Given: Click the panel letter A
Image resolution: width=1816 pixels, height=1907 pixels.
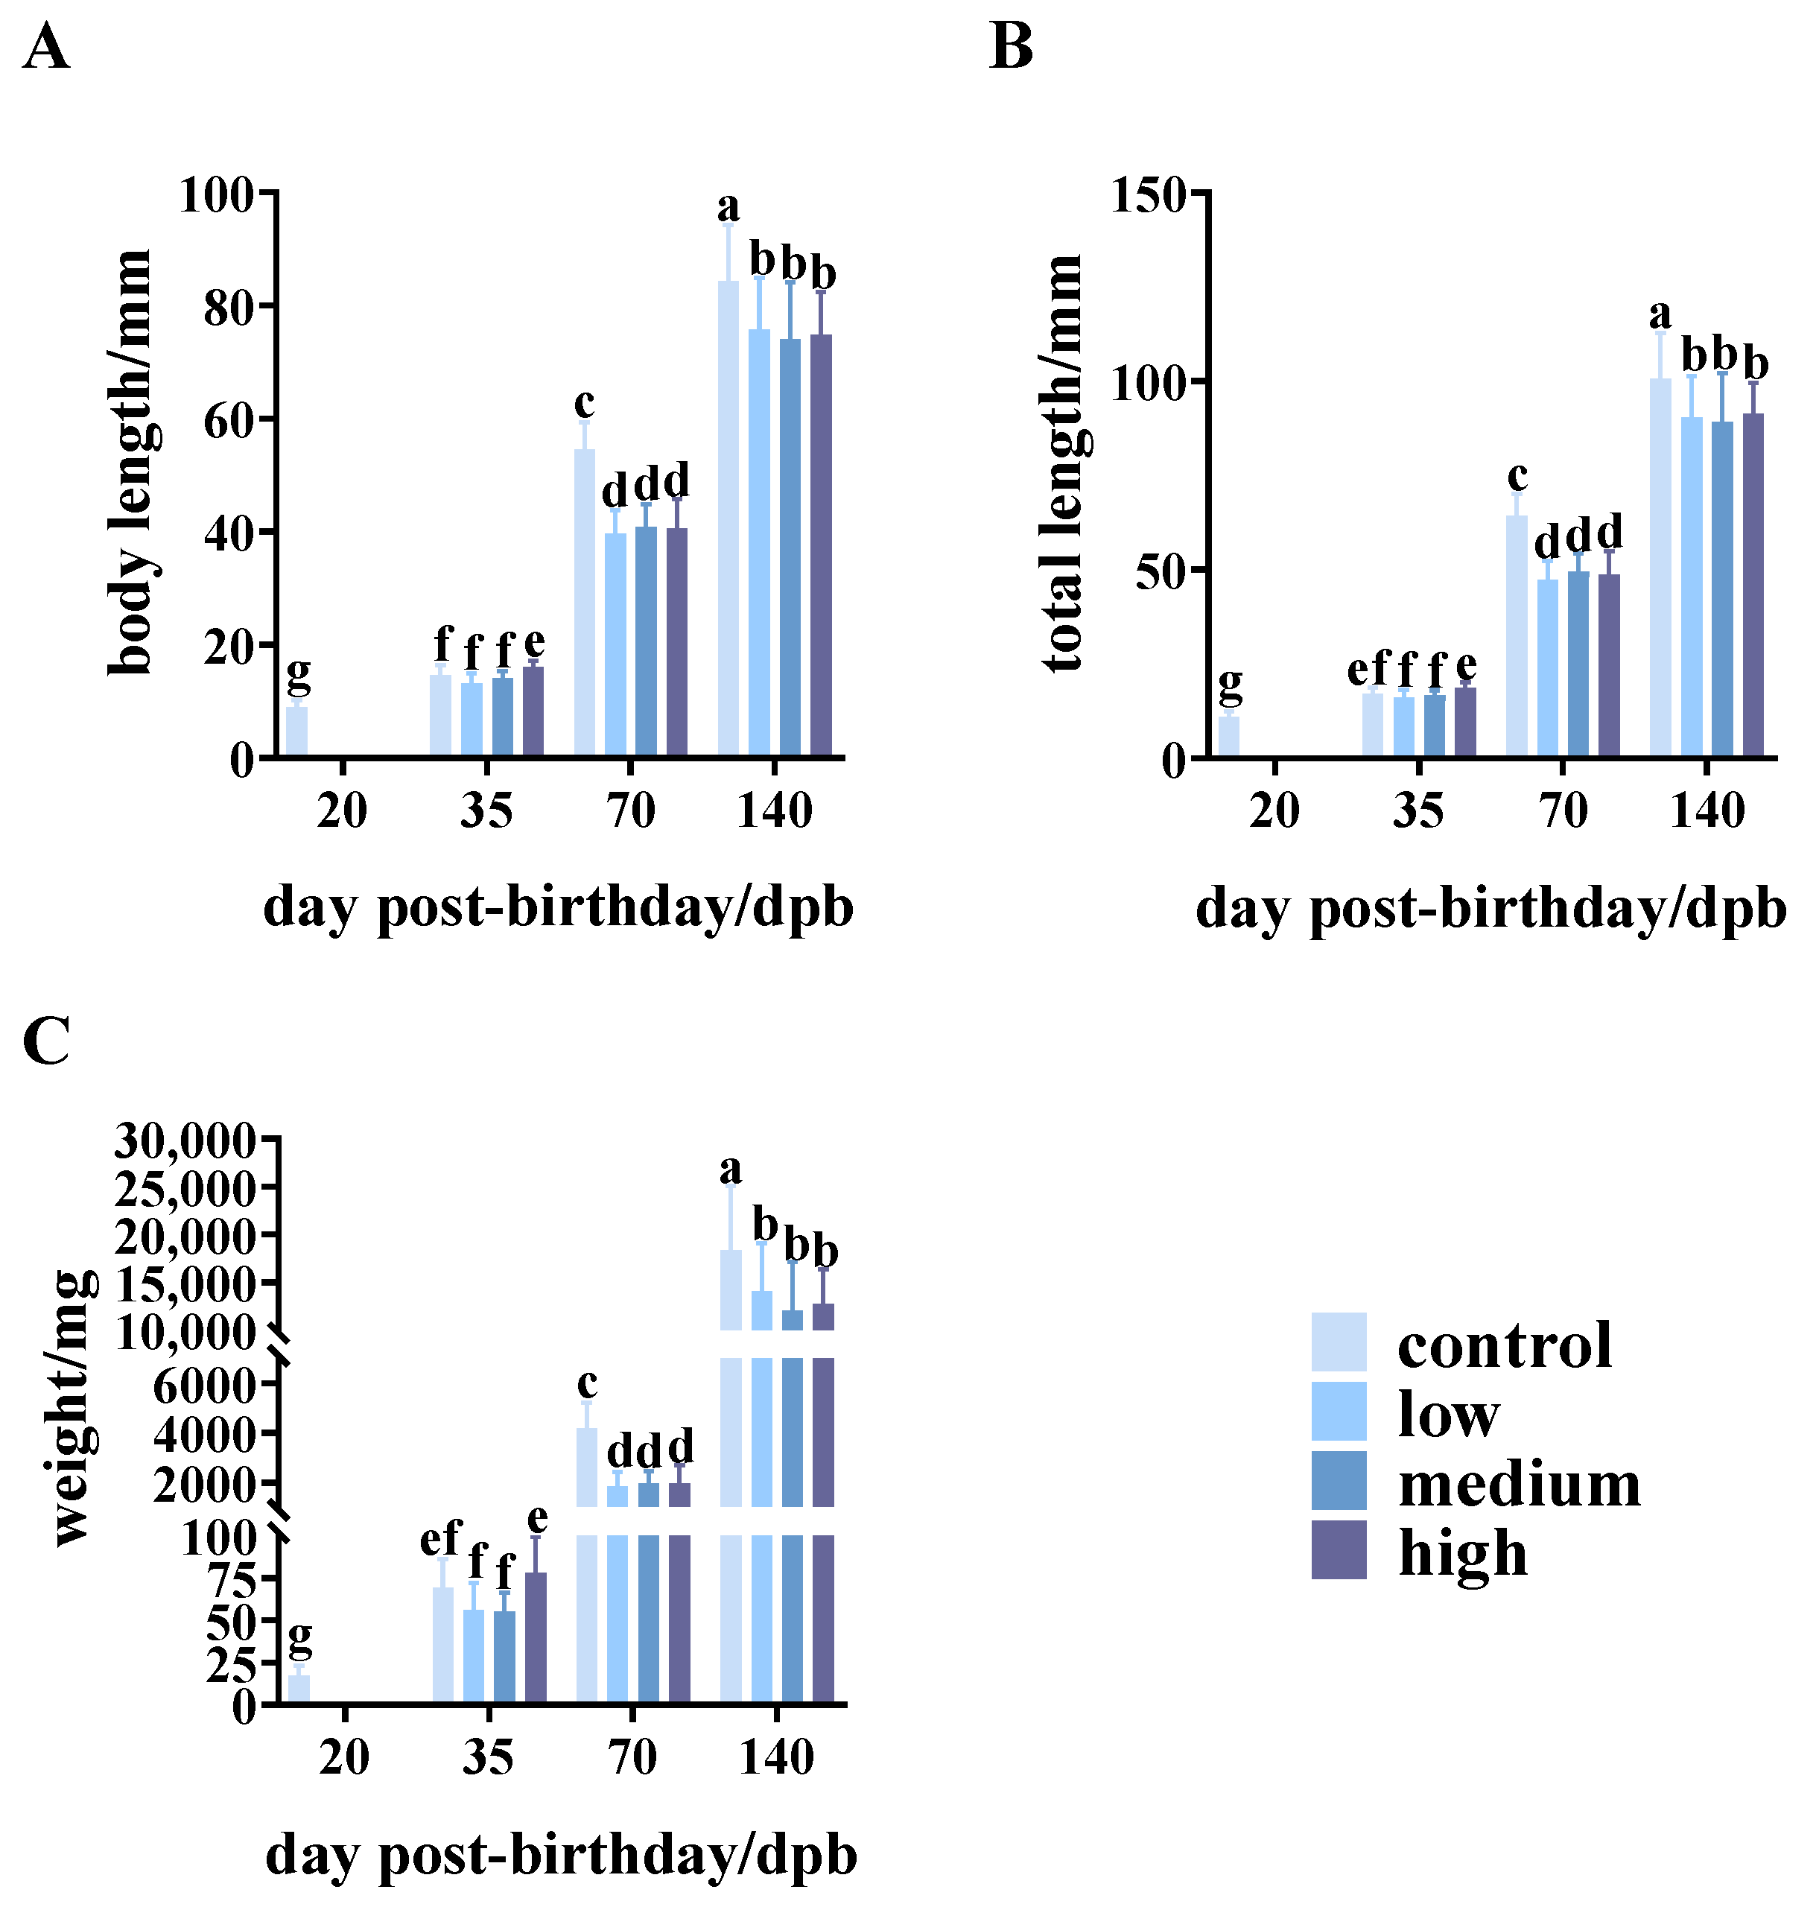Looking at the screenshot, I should point(45,48).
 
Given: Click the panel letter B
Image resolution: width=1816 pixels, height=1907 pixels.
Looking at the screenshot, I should point(1012,48).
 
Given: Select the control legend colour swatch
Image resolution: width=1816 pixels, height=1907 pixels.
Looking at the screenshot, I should point(1339,1342).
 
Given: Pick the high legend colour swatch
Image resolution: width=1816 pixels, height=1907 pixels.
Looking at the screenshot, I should point(1339,1549).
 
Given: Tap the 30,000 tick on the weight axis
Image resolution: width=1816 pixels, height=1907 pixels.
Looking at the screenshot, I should point(186,1142).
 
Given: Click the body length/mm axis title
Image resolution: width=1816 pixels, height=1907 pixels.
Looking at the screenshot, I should point(130,462).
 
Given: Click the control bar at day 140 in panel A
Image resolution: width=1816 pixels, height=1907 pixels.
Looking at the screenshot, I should point(728,518).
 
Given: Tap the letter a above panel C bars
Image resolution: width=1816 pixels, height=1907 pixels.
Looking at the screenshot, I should point(730,1170).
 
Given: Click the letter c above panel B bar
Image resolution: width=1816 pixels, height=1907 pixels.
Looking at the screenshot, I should point(1517,476).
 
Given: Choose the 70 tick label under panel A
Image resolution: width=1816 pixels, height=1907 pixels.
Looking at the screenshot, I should point(631,811).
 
